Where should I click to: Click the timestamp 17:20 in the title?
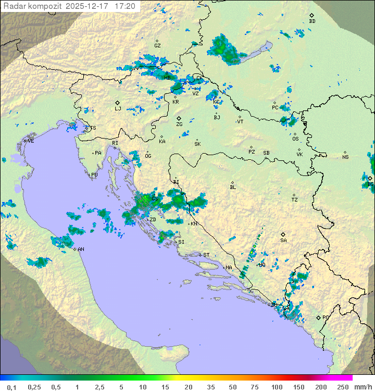pyautogui.click(x=125, y=6)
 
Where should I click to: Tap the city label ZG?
pyautogui.click(x=179, y=124)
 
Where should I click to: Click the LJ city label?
pyautogui.click(x=118, y=108)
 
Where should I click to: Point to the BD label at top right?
pyautogui.click(x=312, y=21)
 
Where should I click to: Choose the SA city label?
pyautogui.click(x=283, y=240)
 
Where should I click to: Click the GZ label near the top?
pyautogui.click(x=157, y=45)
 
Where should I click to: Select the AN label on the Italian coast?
pyautogui.click(x=81, y=249)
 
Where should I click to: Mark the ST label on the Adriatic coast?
pyautogui.click(x=206, y=255)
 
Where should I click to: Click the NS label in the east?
pyautogui.click(x=345, y=157)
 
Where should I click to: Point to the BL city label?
pyautogui.click(x=233, y=187)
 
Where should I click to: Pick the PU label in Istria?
pyautogui.click(x=94, y=175)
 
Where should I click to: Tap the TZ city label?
pyautogui.click(x=295, y=199)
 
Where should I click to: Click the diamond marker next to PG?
pyautogui.click(x=318, y=317)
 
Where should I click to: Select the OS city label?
pyautogui.click(x=295, y=138)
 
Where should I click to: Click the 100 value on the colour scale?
pyautogui.click(x=277, y=387)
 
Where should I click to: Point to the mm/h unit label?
pyautogui.click(x=361, y=387)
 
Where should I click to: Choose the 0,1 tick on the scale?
pyautogui.click(x=11, y=387)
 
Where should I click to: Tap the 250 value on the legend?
pyautogui.click(x=343, y=387)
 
